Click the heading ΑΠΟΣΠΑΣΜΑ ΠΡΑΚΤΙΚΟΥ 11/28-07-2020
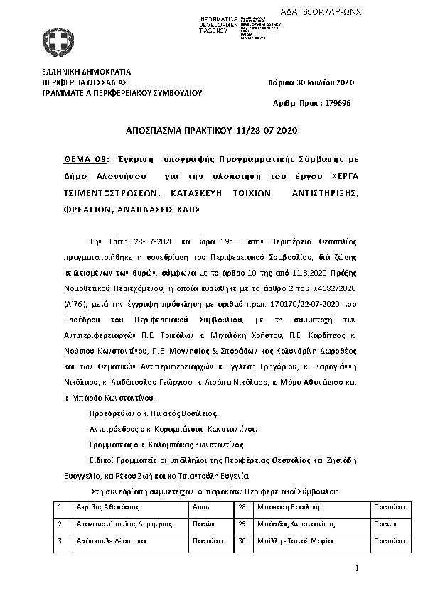[210, 131]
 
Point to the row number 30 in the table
[242, 540]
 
